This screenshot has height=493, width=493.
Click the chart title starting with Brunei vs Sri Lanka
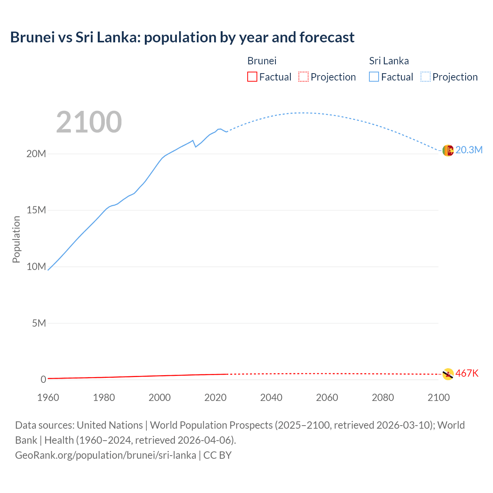click(x=182, y=37)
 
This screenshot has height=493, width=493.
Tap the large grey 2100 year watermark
click(x=89, y=122)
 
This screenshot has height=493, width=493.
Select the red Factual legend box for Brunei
click(x=252, y=77)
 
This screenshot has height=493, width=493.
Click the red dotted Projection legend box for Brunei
click(x=304, y=77)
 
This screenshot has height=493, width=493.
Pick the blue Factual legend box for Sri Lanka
click(x=374, y=77)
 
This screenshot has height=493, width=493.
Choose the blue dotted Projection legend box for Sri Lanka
click(x=426, y=77)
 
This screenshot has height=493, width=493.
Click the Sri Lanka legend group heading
click(x=389, y=61)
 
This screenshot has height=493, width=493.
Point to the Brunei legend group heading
click(x=262, y=61)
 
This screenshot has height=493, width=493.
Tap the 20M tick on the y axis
click(x=36, y=154)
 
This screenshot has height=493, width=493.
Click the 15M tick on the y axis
click(x=36, y=210)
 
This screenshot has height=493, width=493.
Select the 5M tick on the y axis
click(x=39, y=323)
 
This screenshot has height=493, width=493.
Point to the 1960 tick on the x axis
click(x=48, y=397)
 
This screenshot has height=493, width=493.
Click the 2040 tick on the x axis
click(x=271, y=397)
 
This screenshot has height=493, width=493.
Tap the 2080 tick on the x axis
click(x=383, y=397)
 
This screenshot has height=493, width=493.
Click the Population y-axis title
click(x=16, y=239)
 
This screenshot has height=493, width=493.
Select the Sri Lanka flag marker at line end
click(x=448, y=151)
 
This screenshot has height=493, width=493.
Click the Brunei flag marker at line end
click(x=448, y=374)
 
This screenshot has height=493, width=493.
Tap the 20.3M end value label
click(x=469, y=150)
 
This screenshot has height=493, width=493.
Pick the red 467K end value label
click(x=467, y=373)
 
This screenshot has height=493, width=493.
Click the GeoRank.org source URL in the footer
click(x=106, y=455)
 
